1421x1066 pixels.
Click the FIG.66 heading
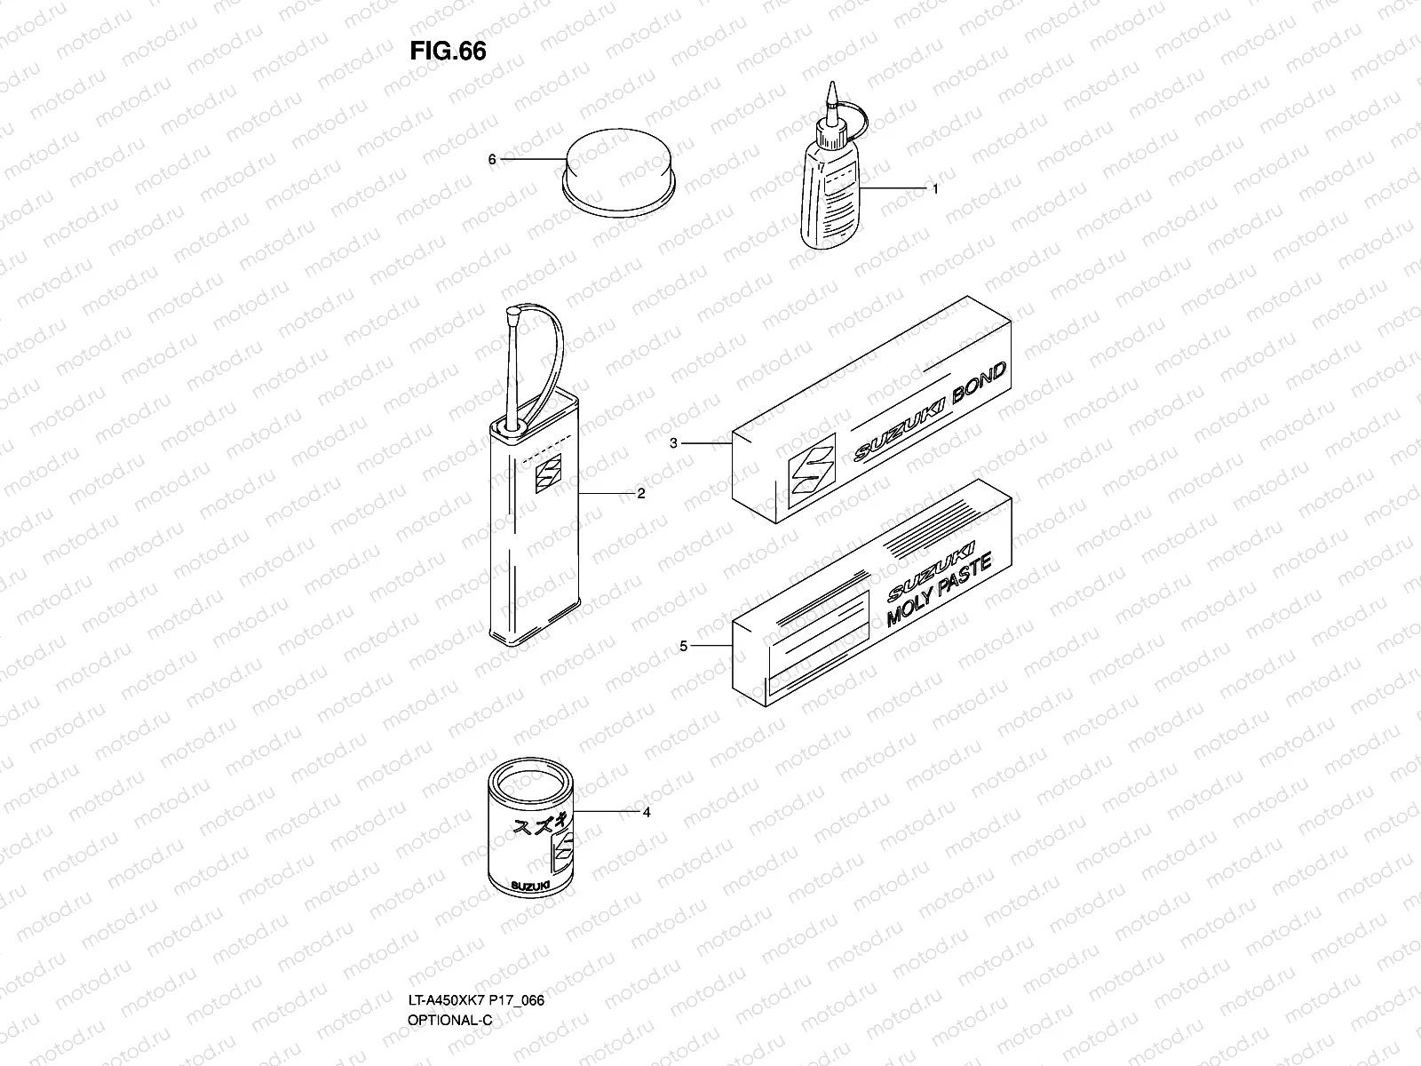448,52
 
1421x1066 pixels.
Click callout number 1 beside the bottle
934,189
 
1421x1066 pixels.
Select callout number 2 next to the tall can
640,494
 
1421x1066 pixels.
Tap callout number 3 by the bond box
674,443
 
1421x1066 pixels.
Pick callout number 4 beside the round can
646,812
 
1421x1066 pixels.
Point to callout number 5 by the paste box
683,646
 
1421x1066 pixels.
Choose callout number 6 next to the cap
491,160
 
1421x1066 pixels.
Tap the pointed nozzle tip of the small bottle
832,91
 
